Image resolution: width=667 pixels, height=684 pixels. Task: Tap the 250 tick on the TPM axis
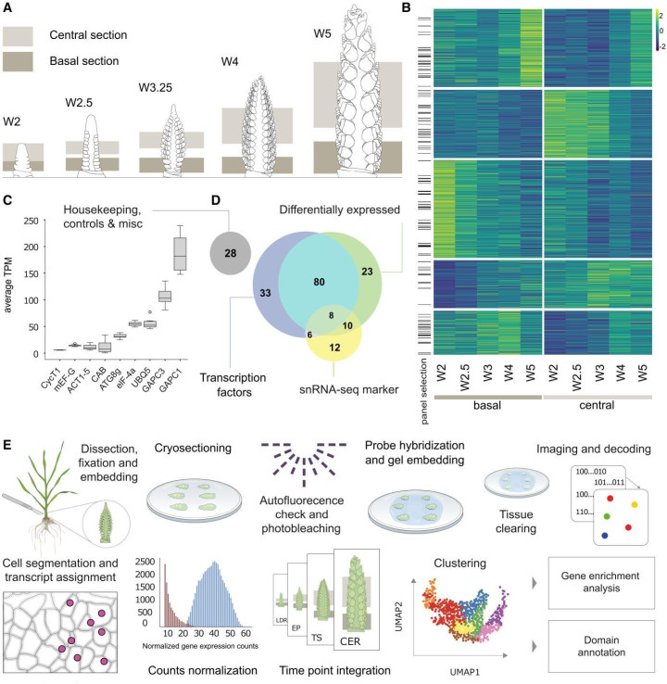click(33, 220)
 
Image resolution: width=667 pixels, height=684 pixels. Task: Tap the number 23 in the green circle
click(367, 271)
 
